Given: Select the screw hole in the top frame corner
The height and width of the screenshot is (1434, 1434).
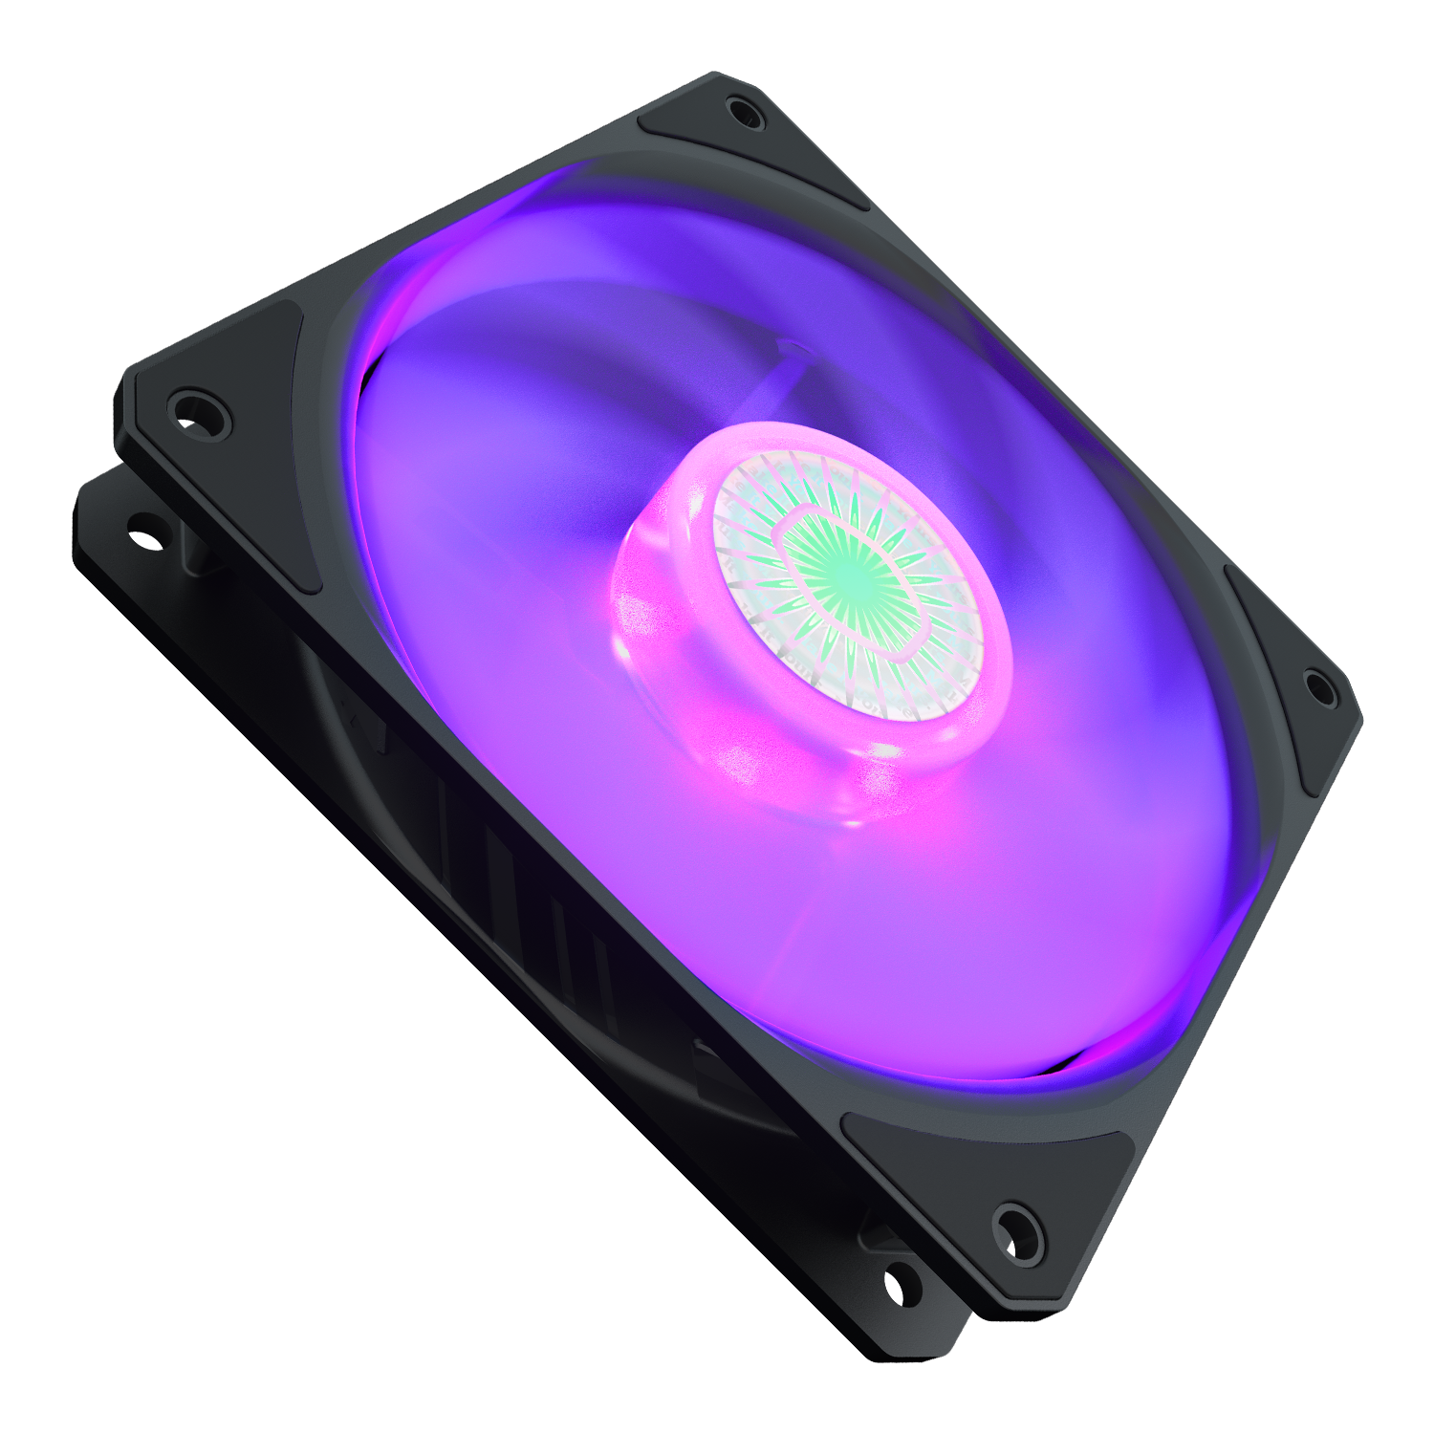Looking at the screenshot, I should click(x=745, y=113).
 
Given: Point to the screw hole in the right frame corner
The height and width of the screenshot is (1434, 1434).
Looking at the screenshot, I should click(x=1319, y=685).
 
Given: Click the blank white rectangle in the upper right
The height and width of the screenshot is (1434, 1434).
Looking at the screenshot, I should click(x=1171, y=188).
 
